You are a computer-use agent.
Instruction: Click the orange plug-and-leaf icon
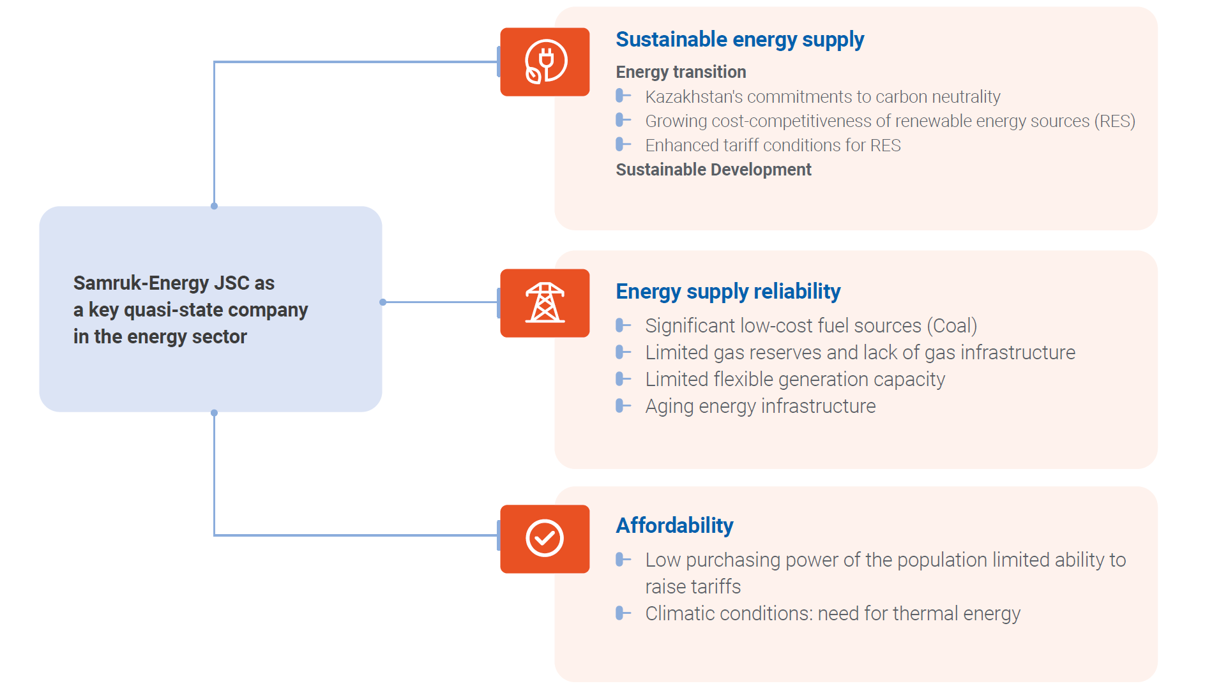click(545, 62)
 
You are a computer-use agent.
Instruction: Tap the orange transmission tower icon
click(545, 303)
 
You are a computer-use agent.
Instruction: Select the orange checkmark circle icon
click(545, 539)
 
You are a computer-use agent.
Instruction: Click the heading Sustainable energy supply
click(739, 40)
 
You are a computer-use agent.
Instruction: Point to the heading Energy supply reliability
click(728, 292)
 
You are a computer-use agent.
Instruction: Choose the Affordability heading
click(674, 526)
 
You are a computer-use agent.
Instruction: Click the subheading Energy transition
click(681, 72)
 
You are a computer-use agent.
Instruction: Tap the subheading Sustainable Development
click(713, 170)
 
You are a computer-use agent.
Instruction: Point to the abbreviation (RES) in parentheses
click(1115, 121)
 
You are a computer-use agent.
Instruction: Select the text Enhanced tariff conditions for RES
click(773, 145)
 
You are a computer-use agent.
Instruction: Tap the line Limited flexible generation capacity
click(795, 380)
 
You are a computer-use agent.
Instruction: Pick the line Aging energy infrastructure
click(761, 406)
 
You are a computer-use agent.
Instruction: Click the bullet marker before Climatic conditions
click(623, 613)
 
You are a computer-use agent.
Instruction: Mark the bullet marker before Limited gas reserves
click(623, 352)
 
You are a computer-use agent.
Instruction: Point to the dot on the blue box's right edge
click(383, 302)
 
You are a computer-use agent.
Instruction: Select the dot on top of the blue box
click(214, 206)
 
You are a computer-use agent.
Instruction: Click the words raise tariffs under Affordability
click(693, 586)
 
